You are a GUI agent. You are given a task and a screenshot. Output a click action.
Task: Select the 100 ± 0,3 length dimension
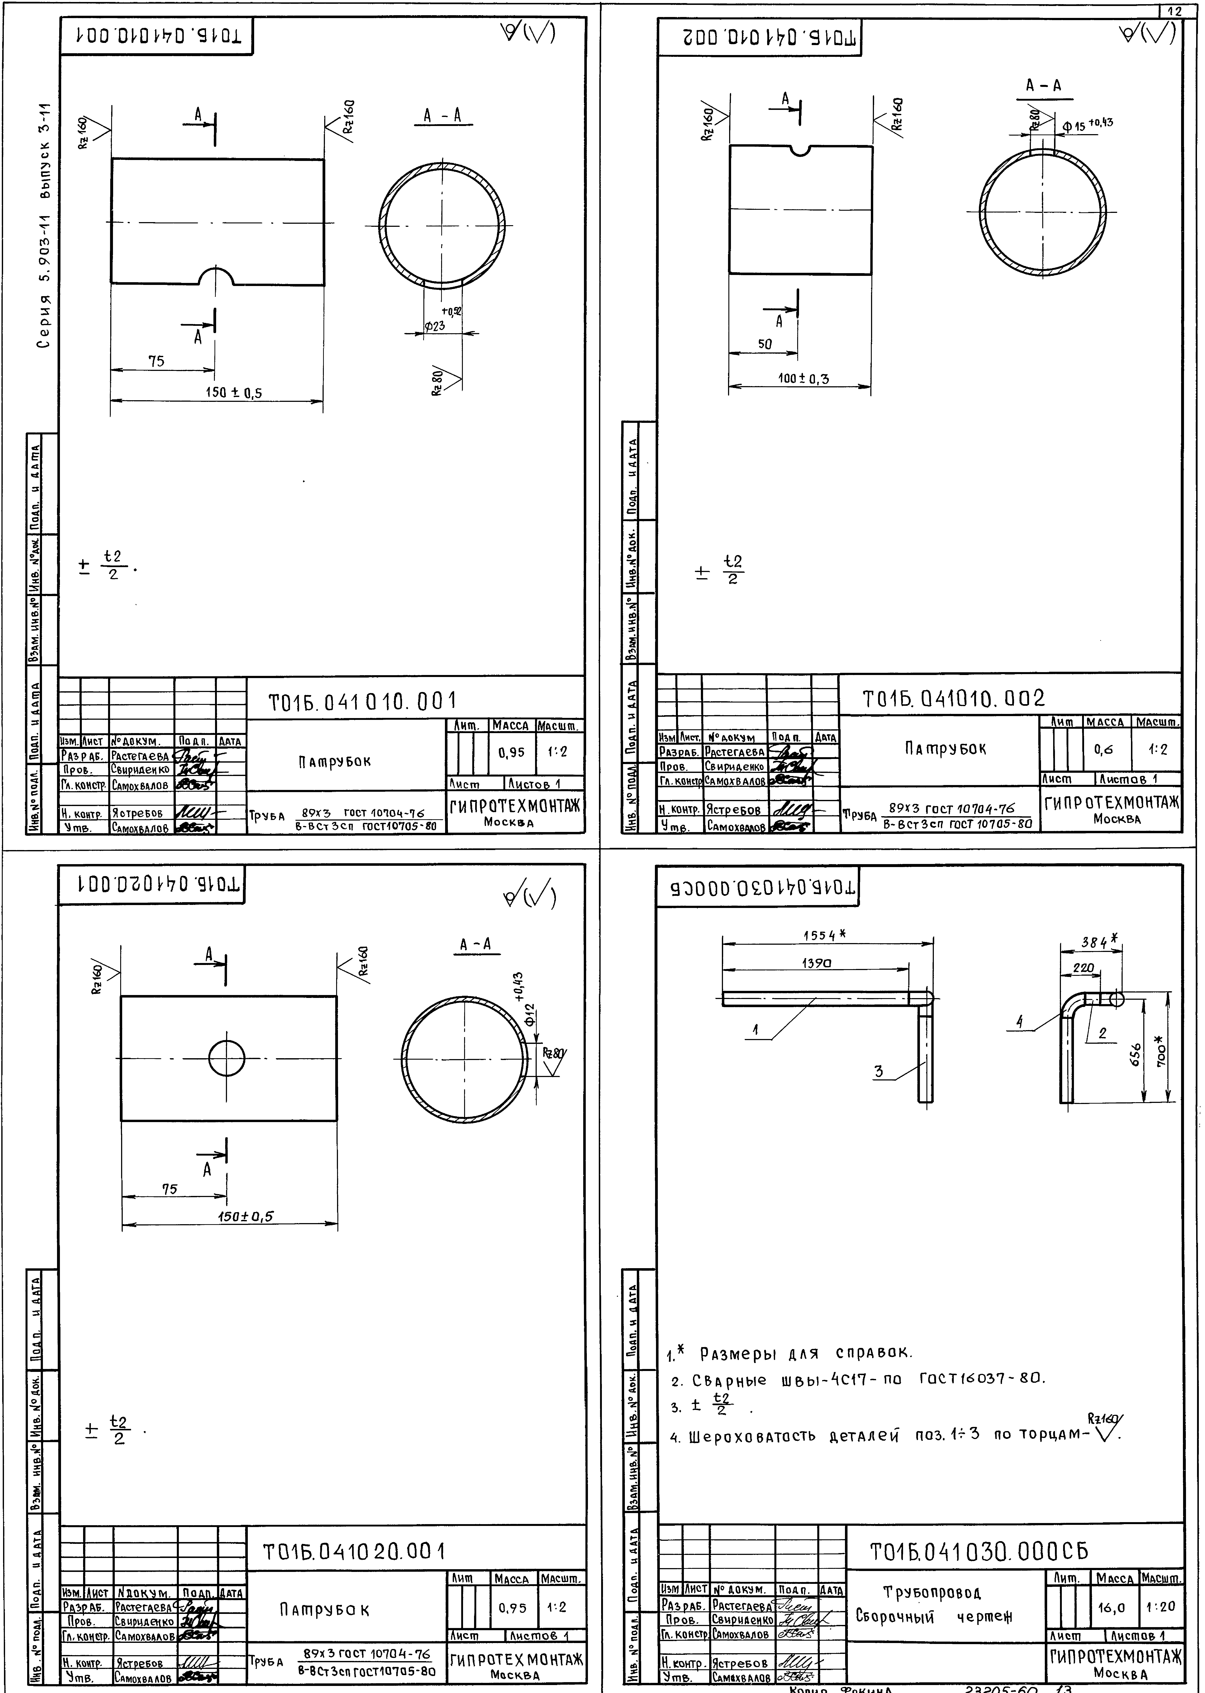click(803, 378)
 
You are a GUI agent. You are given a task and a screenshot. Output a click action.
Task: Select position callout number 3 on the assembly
click(878, 1071)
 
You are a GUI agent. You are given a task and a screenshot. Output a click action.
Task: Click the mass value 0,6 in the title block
click(1103, 750)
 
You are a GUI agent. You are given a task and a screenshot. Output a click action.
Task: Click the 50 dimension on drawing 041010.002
click(764, 344)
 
